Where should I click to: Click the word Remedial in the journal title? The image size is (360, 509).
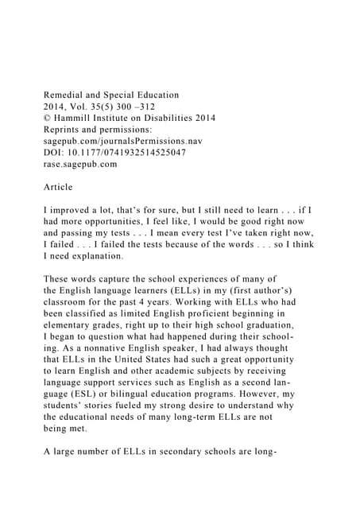pos(65,95)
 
